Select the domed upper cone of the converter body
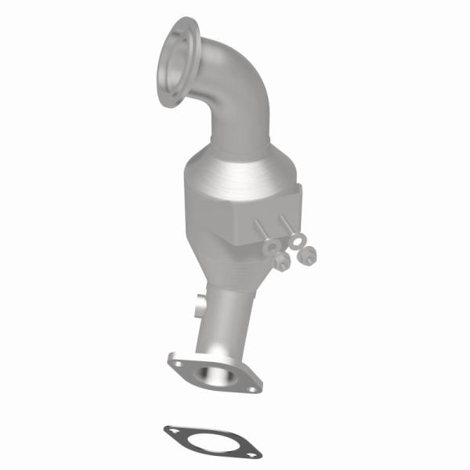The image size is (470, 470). coord(235,168)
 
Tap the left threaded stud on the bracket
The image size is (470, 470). coord(262,232)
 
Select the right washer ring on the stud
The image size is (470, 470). coord(296,241)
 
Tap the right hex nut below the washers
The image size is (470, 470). coord(307,255)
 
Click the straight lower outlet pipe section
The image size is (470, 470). coord(231,313)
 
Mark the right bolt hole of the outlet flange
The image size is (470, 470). coord(251,386)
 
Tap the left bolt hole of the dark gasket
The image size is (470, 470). coord(171,430)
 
